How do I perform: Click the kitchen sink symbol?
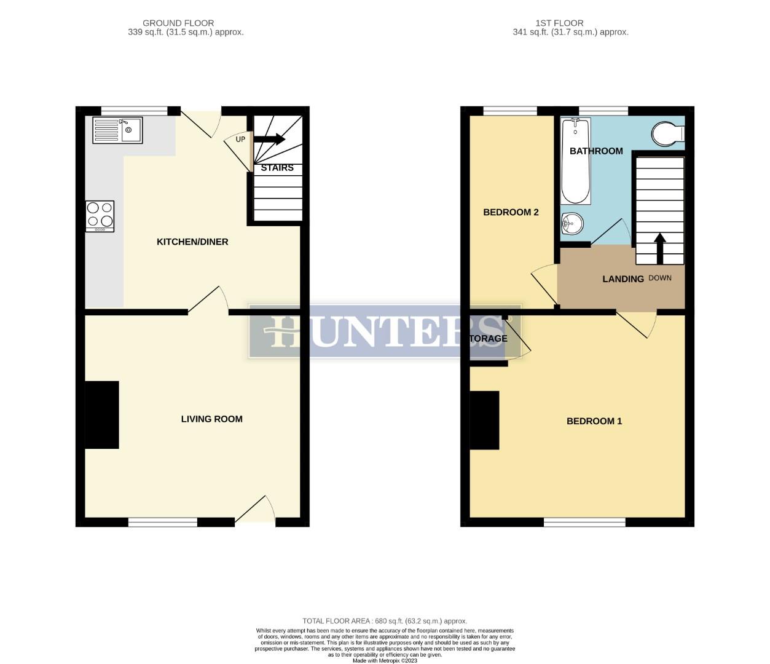pyautogui.click(x=117, y=130)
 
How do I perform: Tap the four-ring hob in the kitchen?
pyautogui.click(x=100, y=216)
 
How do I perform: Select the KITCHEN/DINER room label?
pyautogui.click(x=192, y=242)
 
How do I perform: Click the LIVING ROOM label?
pyautogui.click(x=211, y=419)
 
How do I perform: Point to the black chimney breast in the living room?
pyautogui.click(x=101, y=415)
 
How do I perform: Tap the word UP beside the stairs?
pyautogui.click(x=240, y=140)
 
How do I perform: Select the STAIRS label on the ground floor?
pyautogui.click(x=277, y=167)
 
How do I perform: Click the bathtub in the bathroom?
pyautogui.click(x=576, y=161)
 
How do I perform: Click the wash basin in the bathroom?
pyautogui.click(x=571, y=224)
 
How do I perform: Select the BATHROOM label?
pyautogui.click(x=596, y=151)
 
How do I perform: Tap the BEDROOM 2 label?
pyautogui.click(x=511, y=212)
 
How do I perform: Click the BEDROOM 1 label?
pyautogui.click(x=594, y=421)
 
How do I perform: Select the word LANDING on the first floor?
pyautogui.click(x=623, y=279)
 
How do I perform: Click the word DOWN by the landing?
pyautogui.click(x=660, y=278)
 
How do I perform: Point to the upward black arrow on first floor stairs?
pyautogui.click(x=660, y=247)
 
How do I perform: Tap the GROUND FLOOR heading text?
pyautogui.click(x=178, y=23)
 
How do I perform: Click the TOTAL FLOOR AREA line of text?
pyautogui.click(x=385, y=621)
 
